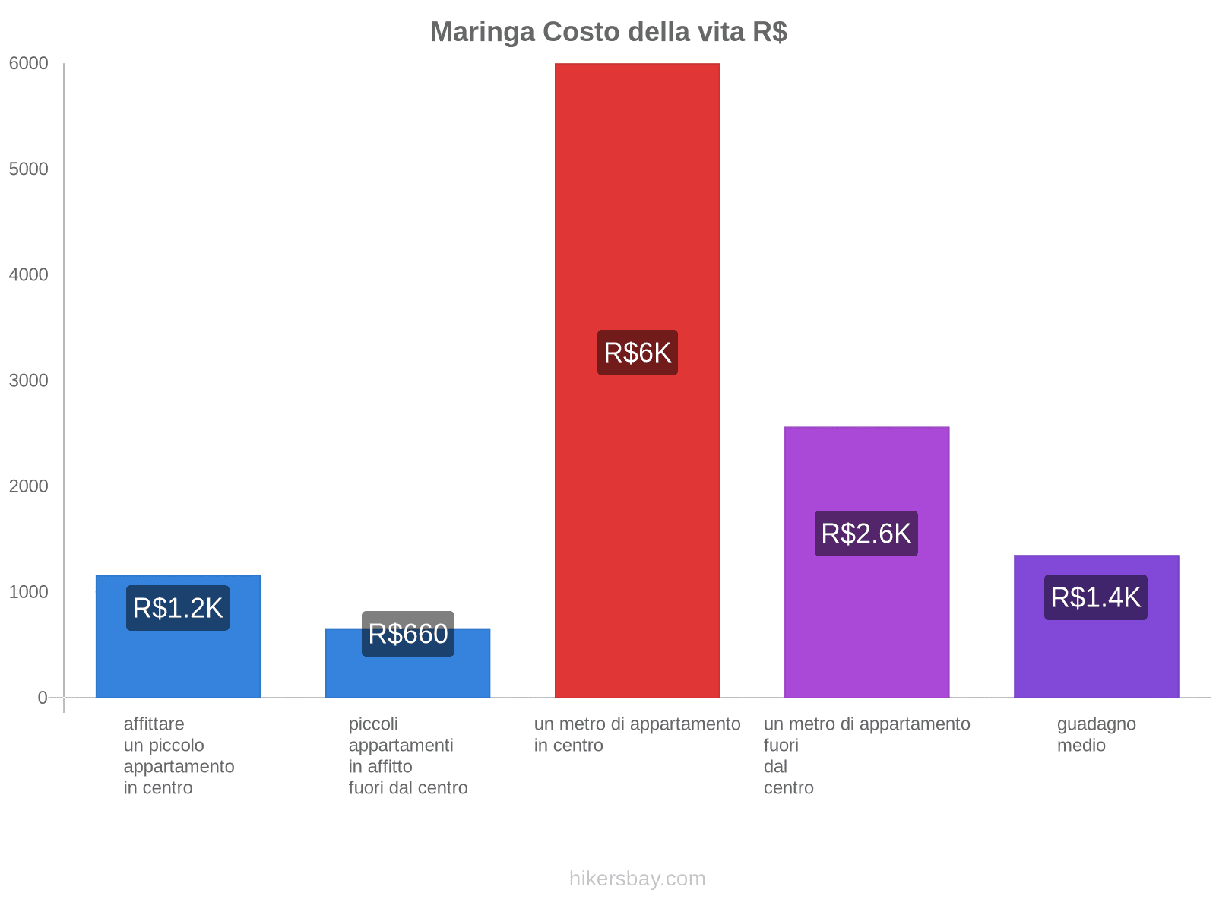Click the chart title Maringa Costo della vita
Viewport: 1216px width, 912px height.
point(608,32)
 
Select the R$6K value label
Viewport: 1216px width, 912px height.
point(637,353)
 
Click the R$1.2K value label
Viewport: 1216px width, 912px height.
point(178,608)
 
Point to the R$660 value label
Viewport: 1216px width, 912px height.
point(408,634)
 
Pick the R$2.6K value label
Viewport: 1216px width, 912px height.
point(866,534)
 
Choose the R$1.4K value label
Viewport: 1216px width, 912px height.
point(1096,597)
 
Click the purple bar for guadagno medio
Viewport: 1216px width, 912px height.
point(1096,654)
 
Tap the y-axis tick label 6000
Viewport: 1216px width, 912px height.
point(29,64)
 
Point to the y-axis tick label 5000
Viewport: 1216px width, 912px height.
point(29,169)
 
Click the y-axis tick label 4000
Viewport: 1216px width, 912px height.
point(29,275)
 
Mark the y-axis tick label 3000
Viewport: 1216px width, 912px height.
point(29,381)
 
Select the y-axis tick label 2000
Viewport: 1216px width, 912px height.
point(29,486)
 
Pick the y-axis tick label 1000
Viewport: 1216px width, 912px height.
point(29,592)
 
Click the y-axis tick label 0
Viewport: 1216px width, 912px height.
point(43,698)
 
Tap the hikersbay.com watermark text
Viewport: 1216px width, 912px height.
point(637,879)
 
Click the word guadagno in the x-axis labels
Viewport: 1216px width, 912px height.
point(1096,724)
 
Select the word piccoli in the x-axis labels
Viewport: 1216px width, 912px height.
point(373,724)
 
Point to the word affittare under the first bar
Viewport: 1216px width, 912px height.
point(154,724)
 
